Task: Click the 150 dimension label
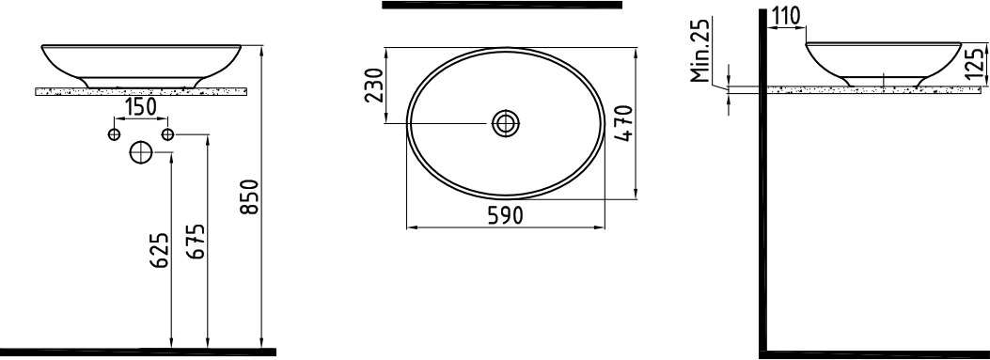(x=140, y=107)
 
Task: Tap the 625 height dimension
(x=161, y=250)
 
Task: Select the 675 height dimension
(x=196, y=242)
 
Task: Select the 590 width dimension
(x=505, y=216)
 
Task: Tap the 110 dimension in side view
(x=785, y=15)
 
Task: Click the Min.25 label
(x=700, y=51)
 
